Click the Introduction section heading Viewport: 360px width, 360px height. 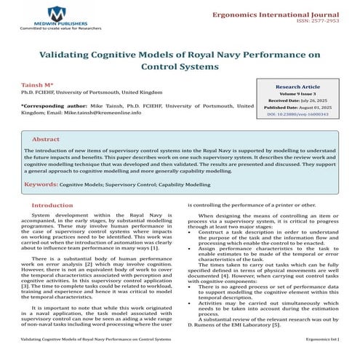[x=52, y=206]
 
